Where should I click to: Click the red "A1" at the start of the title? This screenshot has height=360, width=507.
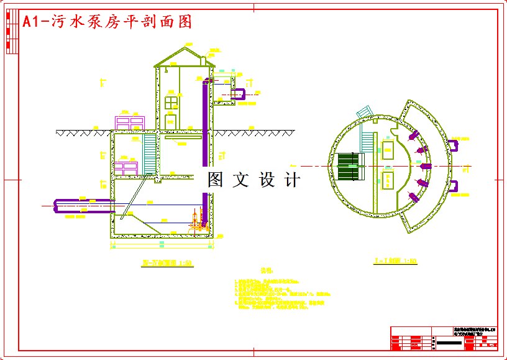click(32, 22)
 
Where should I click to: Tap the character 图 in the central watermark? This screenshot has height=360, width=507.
click(215, 180)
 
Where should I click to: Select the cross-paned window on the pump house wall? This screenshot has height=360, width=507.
click(171, 102)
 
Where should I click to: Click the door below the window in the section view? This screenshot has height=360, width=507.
click(171, 121)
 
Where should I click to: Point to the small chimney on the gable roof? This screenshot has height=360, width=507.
click(203, 60)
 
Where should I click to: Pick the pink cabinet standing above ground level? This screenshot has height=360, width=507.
click(130, 123)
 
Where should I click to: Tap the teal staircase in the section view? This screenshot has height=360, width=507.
click(149, 155)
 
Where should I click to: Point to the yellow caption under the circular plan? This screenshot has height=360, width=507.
click(395, 262)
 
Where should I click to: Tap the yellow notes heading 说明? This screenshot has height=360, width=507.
click(266, 271)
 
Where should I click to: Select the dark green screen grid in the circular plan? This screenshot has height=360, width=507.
click(349, 167)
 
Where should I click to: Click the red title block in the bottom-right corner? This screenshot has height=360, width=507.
click(444, 338)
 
